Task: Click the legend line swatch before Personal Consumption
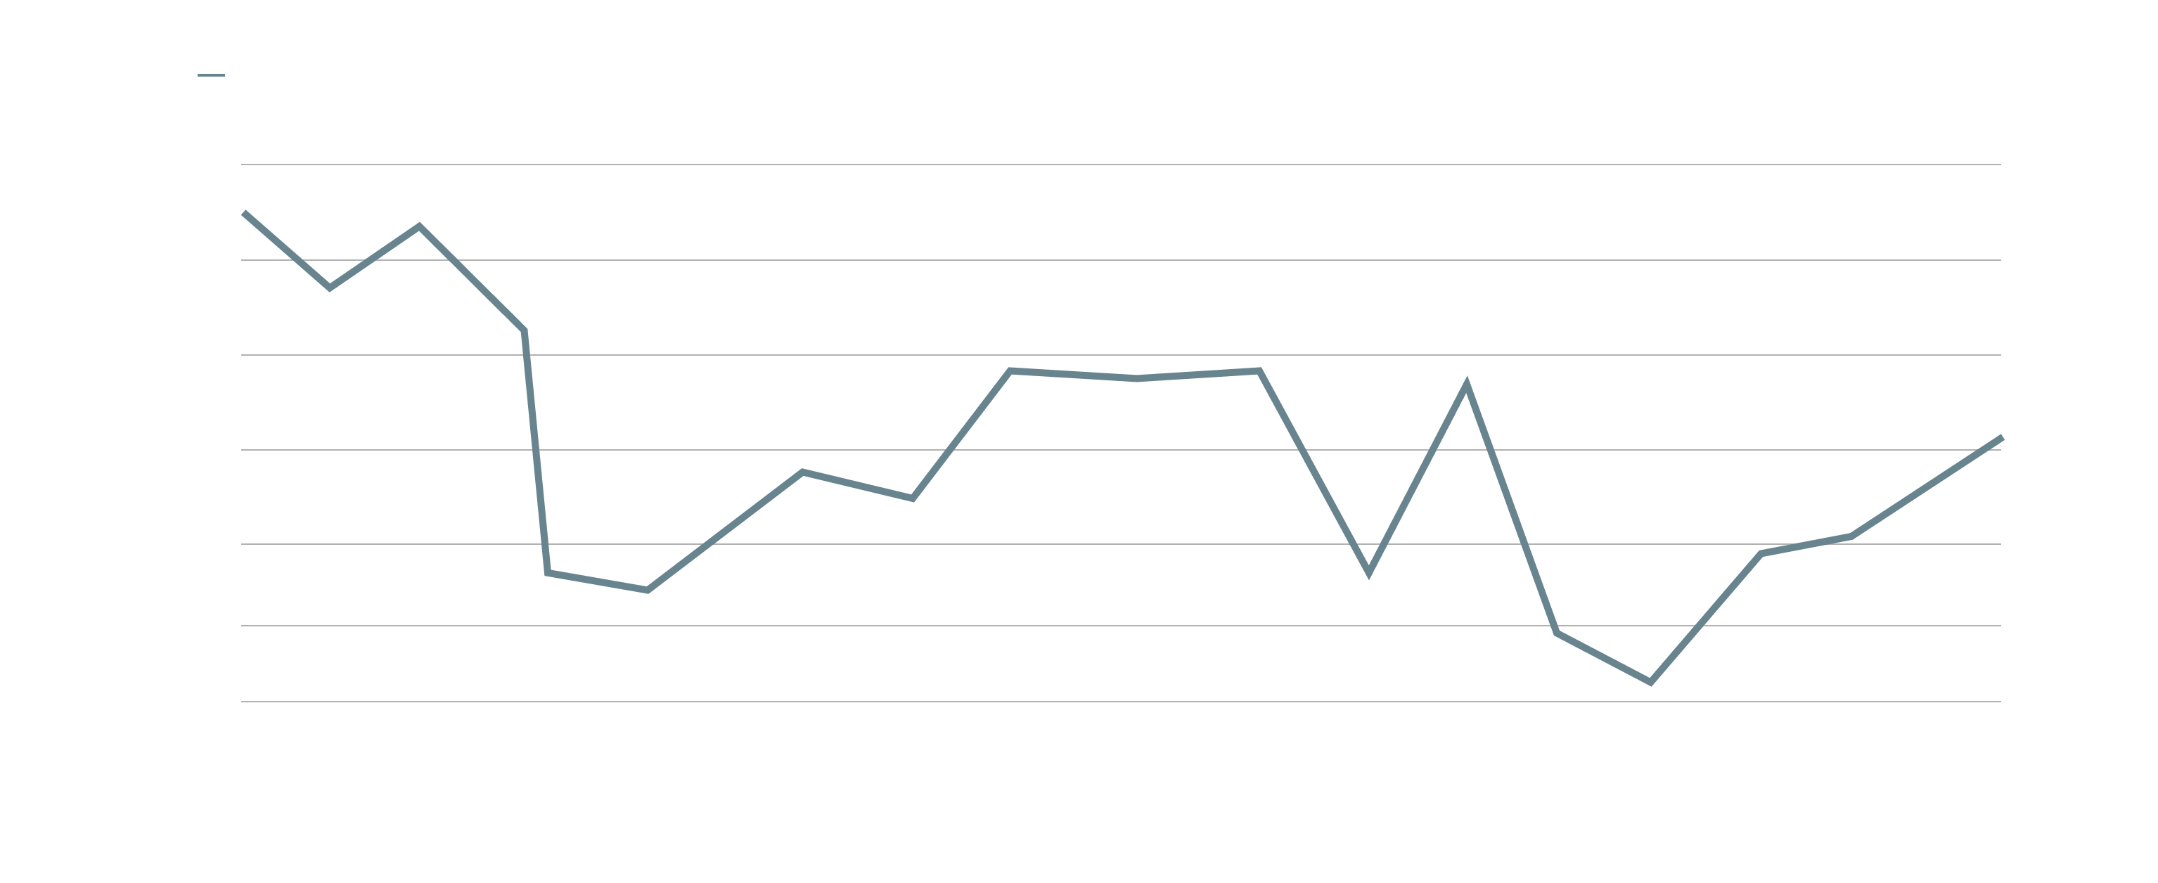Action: pos(211,76)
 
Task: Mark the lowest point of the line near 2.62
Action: pos(1650,682)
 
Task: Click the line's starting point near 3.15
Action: pos(244,213)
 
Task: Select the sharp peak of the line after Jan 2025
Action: pos(1465,385)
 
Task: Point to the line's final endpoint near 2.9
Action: pos(2000,437)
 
